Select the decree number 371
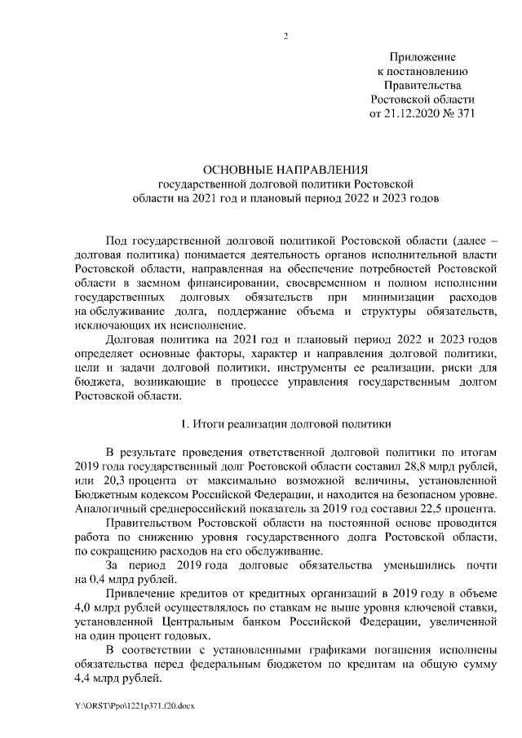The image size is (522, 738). [x=463, y=113]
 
